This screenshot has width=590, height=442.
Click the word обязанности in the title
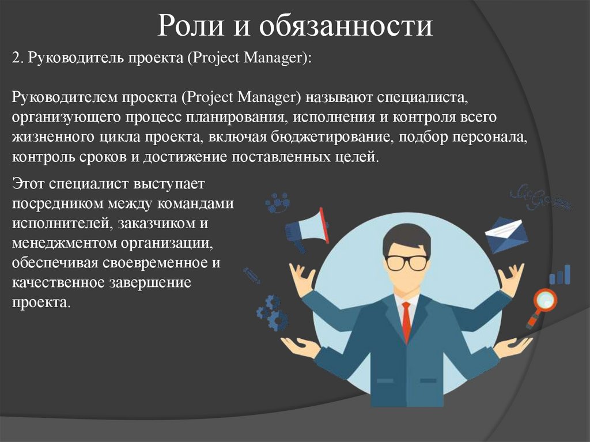(x=345, y=27)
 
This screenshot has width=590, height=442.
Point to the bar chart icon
(x=559, y=275)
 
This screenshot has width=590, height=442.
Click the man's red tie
(x=406, y=320)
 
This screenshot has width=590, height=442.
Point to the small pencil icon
(x=251, y=275)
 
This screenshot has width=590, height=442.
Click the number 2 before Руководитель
(x=16, y=58)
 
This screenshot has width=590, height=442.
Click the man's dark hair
(x=406, y=237)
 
